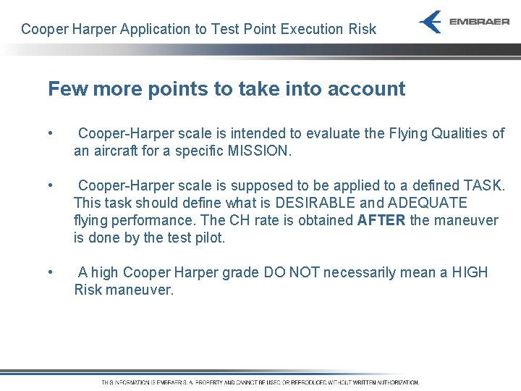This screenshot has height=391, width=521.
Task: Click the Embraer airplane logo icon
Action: [431, 22]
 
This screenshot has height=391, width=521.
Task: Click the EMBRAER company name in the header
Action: [479, 22]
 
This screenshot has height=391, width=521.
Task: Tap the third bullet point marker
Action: [49, 273]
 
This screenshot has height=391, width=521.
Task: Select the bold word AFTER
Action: [382, 221]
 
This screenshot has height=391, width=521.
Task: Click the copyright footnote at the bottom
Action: [260, 382]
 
